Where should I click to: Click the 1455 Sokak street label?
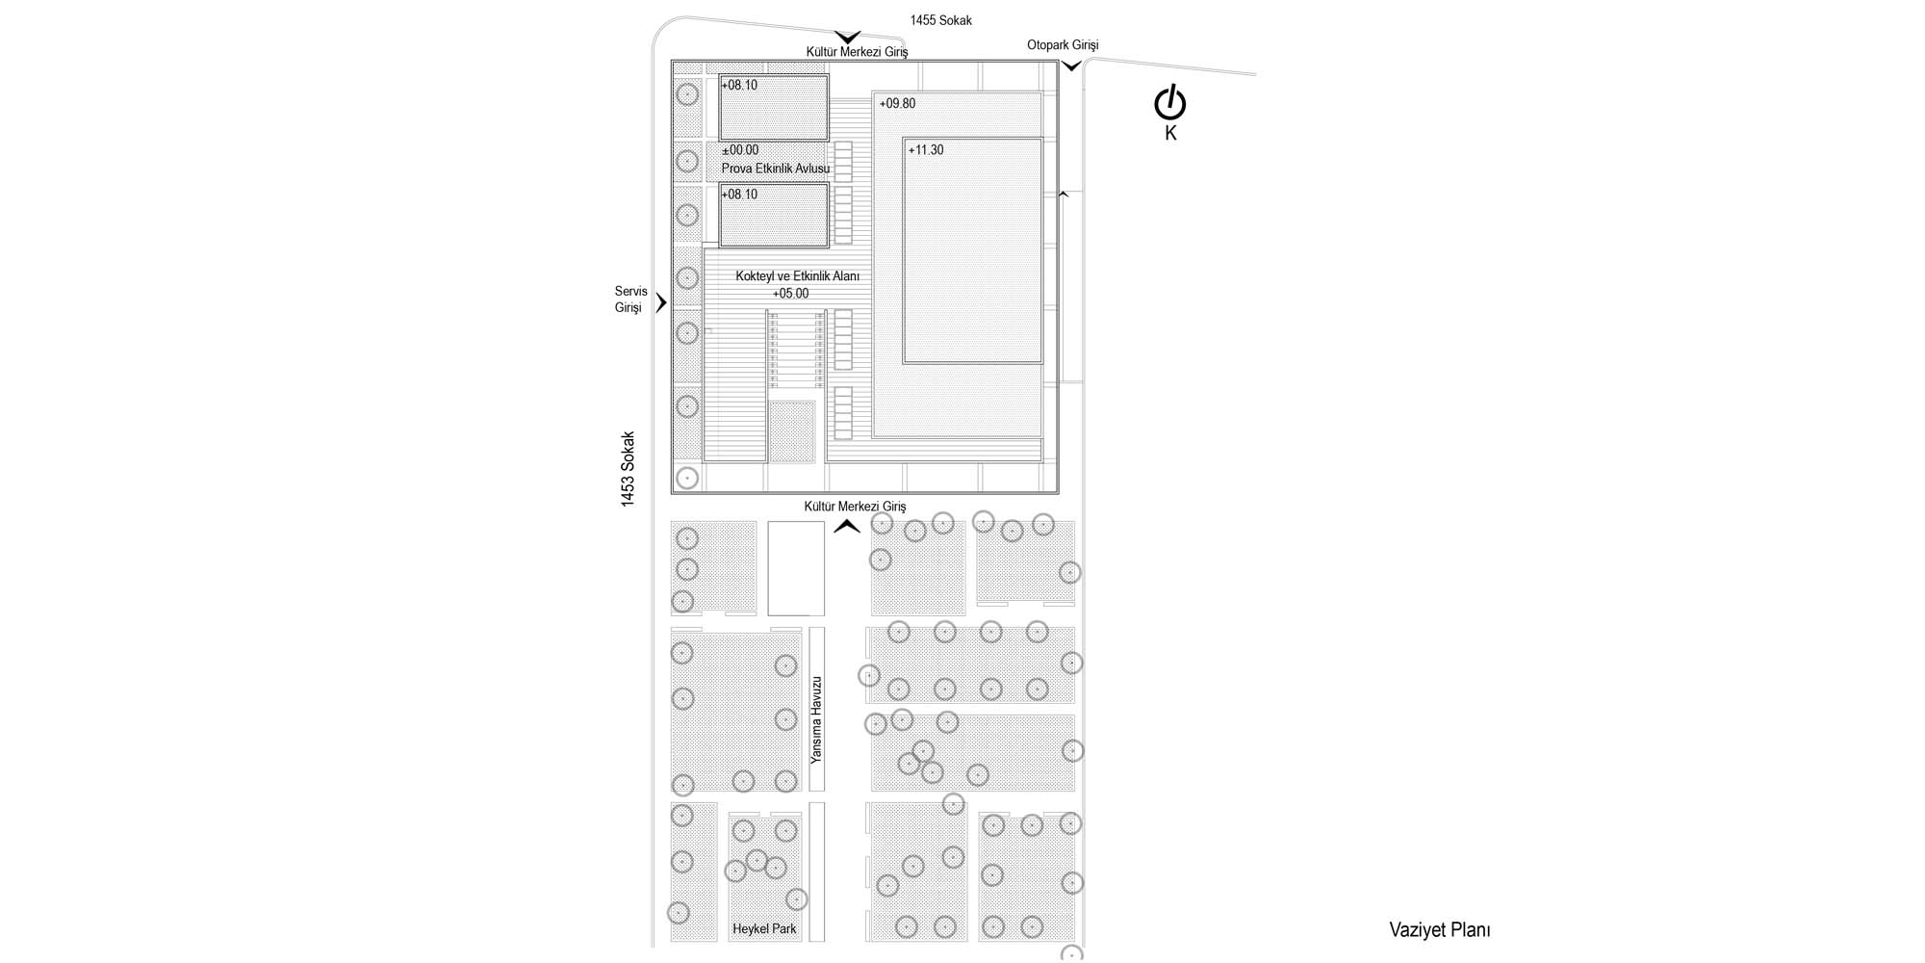point(940,20)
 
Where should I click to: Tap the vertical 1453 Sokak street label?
point(628,469)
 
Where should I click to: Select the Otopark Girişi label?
point(1063,45)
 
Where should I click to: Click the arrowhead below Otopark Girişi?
point(1071,66)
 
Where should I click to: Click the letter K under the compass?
point(1170,134)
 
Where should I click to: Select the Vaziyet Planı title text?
point(1439,929)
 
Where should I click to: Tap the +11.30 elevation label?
point(926,150)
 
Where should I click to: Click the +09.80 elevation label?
point(897,104)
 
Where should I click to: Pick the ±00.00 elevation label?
point(740,150)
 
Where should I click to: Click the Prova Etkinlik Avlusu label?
point(776,169)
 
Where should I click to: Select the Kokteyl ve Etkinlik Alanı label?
point(797,276)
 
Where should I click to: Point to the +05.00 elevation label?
point(790,294)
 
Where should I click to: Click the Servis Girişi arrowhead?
point(661,303)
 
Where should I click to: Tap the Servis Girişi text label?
point(630,299)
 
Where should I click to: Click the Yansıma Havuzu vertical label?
point(816,719)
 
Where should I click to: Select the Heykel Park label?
point(764,929)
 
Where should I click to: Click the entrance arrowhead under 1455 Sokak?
point(847,38)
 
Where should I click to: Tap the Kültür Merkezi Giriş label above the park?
point(855,507)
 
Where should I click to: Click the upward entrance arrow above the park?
point(847,526)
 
